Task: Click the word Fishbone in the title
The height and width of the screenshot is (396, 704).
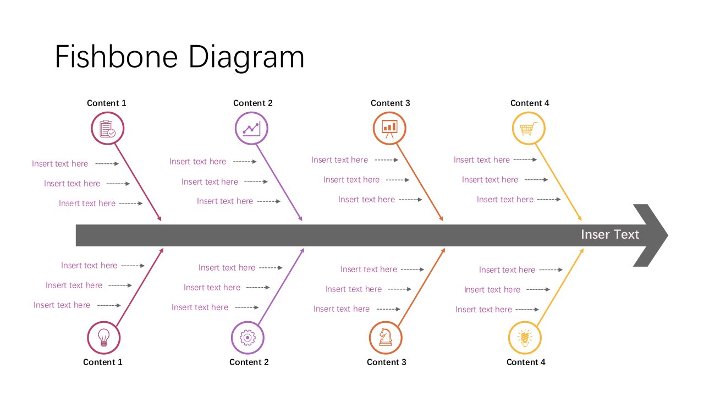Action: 117,57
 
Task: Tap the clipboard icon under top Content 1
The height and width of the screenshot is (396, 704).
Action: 107,129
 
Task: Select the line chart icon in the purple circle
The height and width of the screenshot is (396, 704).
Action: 251,129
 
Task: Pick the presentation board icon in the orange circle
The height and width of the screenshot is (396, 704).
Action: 389,129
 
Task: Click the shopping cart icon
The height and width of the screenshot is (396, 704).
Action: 529,129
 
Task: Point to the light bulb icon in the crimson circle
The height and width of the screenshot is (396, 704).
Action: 104,338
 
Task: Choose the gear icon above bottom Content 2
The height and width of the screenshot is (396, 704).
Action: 248,338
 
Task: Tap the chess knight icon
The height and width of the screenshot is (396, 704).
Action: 386,337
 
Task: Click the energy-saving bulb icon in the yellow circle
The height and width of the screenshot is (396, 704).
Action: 525,338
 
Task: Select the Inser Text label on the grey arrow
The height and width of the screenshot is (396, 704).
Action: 610,234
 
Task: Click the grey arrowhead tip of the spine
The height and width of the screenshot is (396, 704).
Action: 668,235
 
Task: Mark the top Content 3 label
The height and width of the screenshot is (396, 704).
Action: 391,103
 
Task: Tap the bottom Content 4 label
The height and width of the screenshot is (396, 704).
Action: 526,362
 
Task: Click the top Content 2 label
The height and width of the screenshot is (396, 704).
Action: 252,103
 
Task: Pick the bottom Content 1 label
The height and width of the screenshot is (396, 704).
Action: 102,362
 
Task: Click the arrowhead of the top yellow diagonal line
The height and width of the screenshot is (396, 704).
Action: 580,218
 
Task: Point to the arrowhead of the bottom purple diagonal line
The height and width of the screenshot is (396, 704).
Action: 302,251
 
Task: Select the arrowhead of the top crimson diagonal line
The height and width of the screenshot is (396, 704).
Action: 159,218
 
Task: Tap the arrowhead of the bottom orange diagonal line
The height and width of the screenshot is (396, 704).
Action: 443,251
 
